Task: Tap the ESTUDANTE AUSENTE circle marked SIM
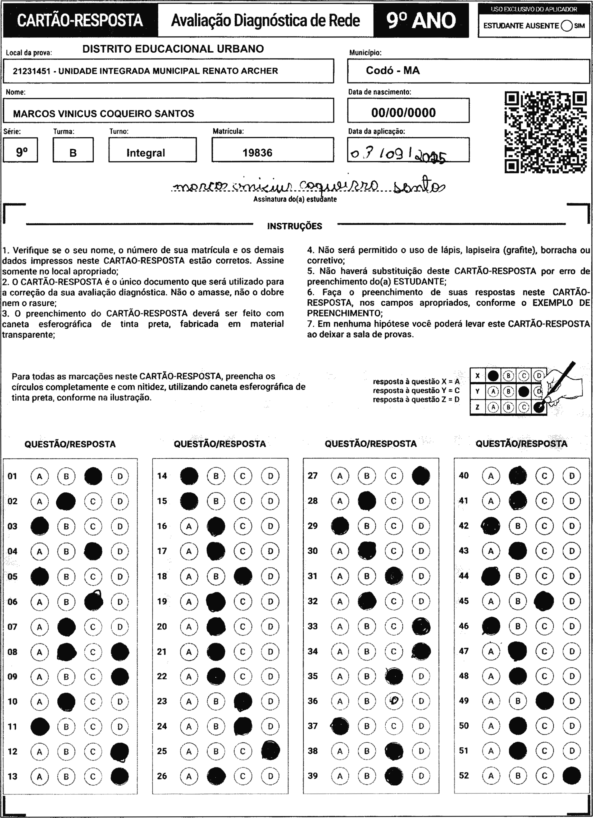[567, 26]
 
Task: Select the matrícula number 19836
[257, 153]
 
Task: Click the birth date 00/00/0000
[404, 113]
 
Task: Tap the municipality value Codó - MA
[393, 70]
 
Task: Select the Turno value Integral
[145, 153]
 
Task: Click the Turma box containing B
[73, 153]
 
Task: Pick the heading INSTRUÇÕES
[294, 226]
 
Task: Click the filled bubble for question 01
[93, 476]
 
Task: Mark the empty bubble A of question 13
[39, 776]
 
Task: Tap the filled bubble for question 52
[571, 775]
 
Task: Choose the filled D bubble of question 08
[120, 652]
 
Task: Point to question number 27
[313, 476]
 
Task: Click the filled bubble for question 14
[189, 476]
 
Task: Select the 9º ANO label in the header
[421, 21]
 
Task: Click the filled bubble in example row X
[493, 376]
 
